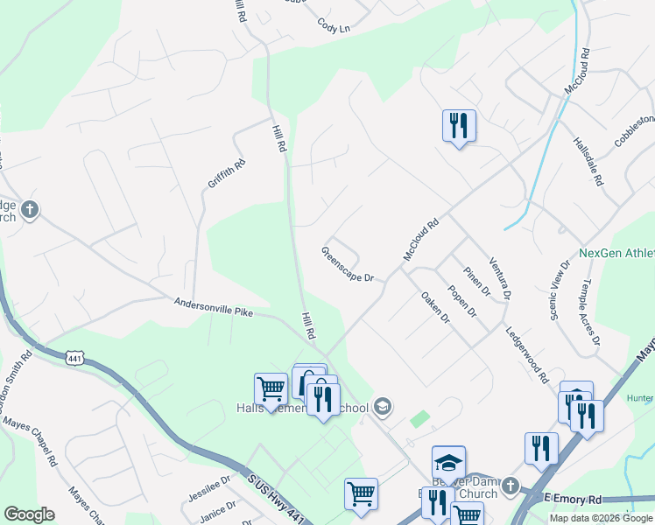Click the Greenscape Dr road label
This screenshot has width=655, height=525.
(348, 264)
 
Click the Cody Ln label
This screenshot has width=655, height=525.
(333, 27)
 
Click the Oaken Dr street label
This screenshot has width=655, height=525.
(434, 308)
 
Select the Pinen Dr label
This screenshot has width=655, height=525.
(474, 281)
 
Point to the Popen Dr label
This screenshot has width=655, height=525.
(461, 300)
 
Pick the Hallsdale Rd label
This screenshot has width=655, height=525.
(588, 160)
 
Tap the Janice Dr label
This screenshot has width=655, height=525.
(218, 509)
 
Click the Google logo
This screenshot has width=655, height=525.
(30, 514)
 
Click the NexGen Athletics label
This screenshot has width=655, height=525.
(616, 254)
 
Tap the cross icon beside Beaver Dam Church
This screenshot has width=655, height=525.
(511, 485)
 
